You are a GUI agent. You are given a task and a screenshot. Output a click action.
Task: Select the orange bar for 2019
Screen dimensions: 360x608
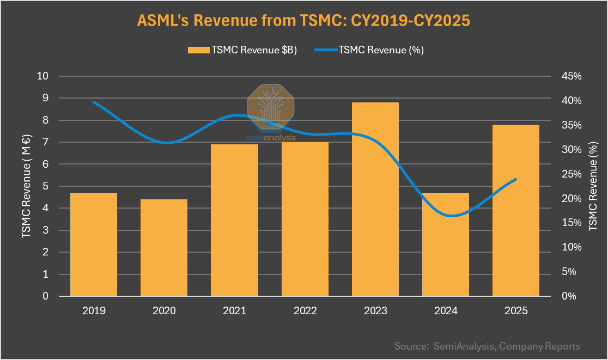click(x=94, y=245)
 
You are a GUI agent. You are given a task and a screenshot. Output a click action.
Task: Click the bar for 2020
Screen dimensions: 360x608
click(x=164, y=248)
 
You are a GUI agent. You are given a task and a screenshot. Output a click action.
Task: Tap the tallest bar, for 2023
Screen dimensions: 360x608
click(x=375, y=199)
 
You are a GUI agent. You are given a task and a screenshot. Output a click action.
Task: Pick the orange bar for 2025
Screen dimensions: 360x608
click(x=516, y=210)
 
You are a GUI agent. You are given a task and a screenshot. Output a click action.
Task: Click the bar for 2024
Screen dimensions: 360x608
click(x=446, y=245)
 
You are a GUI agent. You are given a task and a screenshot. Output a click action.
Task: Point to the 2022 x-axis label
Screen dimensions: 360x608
click(x=305, y=311)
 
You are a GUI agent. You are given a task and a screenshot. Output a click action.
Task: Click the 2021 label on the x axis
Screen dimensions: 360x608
click(x=234, y=311)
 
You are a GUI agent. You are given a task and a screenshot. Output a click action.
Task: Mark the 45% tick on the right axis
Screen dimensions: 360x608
click(x=571, y=76)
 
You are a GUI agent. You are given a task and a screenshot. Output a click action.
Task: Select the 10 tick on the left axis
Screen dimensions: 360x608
click(x=43, y=76)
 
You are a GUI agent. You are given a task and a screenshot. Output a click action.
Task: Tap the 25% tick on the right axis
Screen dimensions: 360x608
click(x=571, y=174)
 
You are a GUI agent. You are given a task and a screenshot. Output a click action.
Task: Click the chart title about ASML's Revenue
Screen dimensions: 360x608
click(x=303, y=20)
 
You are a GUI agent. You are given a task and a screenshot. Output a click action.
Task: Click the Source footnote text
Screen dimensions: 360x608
click(x=487, y=346)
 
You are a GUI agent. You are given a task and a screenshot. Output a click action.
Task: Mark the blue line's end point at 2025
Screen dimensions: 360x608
click(x=516, y=179)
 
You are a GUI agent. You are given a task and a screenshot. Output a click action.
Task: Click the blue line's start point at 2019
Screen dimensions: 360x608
click(x=94, y=102)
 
